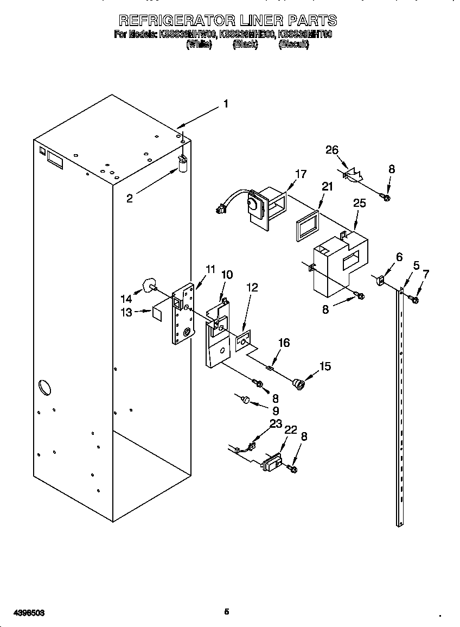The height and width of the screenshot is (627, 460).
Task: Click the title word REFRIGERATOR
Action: point(177,21)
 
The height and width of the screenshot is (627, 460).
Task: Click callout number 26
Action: point(332,150)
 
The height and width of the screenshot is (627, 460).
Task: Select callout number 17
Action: point(301,174)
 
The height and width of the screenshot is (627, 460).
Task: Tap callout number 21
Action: point(327,187)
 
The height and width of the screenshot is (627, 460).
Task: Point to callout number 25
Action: point(359,203)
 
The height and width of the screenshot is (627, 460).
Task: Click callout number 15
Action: point(325,366)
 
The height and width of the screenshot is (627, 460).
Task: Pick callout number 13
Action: point(126,312)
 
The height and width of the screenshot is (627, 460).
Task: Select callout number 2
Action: point(129,199)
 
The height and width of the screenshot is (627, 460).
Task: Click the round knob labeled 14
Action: point(149,285)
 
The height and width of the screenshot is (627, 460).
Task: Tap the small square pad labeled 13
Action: point(157,313)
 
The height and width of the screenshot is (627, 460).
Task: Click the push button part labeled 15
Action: point(298,384)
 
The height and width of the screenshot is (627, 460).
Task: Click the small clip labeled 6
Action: point(380,281)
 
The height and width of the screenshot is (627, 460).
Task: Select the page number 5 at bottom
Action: point(227,612)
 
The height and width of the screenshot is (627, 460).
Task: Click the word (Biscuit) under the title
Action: point(293,45)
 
